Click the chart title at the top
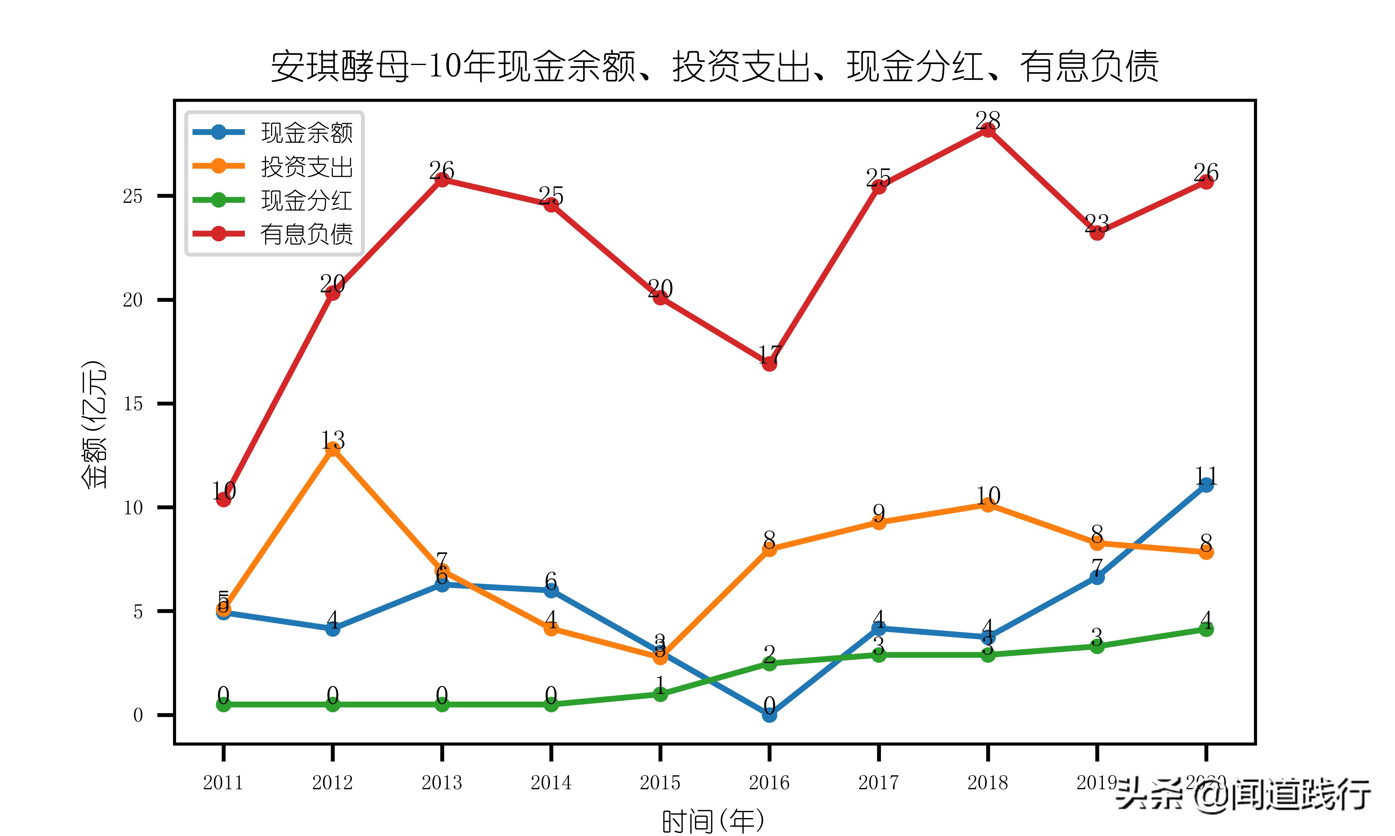pos(715,67)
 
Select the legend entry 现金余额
pos(306,133)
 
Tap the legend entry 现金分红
pos(306,200)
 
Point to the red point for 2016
pos(769,364)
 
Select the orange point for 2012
pos(333,448)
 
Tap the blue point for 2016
pos(769,714)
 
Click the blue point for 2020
pos(1206,485)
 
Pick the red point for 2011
pos(223,499)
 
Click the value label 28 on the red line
pos(987,120)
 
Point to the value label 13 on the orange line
pos(333,439)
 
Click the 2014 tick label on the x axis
pos(551,782)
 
